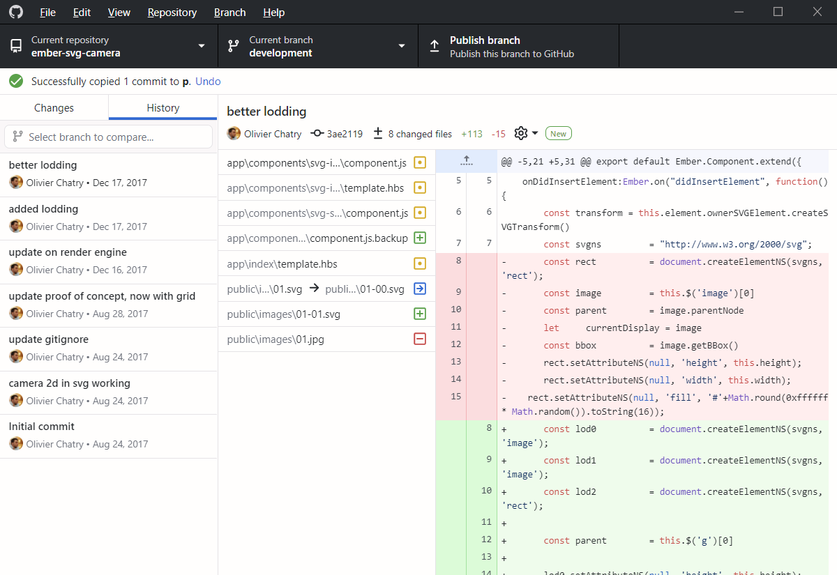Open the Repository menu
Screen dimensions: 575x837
click(x=172, y=13)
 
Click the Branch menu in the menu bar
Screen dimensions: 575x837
click(x=229, y=13)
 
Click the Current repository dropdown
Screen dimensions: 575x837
click(x=109, y=47)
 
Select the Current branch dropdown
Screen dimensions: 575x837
click(x=317, y=47)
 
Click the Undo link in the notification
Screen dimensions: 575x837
click(x=208, y=82)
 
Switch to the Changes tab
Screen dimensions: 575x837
click(x=54, y=108)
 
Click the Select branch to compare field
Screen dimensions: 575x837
click(x=109, y=137)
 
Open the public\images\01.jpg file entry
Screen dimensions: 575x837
click(x=276, y=339)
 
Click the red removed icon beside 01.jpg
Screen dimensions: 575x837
click(x=420, y=339)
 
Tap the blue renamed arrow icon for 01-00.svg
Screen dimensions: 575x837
click(x=420, y=289)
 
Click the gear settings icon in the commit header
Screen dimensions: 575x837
click(x=521, y=133)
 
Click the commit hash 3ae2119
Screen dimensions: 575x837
click(x=338, y=134)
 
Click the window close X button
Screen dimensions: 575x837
click(x=817, y=12)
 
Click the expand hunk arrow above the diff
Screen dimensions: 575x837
click(x=467, y=162)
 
